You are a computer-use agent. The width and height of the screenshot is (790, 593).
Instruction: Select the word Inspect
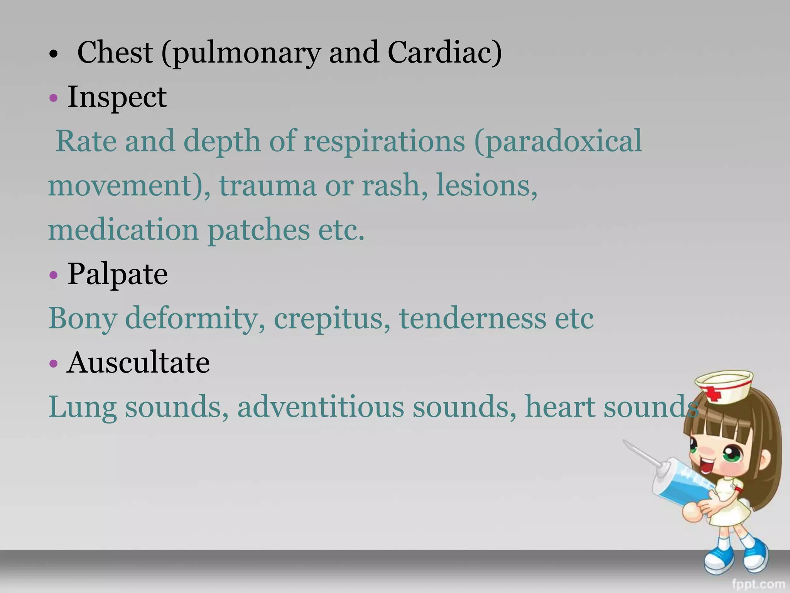(x=117, y=97)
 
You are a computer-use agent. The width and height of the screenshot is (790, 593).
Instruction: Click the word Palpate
(x=118, y=274)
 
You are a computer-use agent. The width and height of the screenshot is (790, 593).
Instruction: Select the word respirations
(x=384, y=141)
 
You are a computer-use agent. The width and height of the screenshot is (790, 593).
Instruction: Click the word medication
(x=123, y=230)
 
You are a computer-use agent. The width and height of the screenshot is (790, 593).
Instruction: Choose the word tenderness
(x=473, y=319)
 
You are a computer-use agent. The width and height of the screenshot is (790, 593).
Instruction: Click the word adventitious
(x=321, y=407)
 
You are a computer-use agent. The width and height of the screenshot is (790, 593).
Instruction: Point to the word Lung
(x=82, y=408)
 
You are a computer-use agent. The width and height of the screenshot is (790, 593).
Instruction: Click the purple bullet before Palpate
(x=54, y=275)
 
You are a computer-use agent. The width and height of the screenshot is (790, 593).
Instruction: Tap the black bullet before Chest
(x=54, y=54)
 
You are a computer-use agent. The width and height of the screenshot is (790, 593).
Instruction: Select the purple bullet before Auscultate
(x=54, y=364)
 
